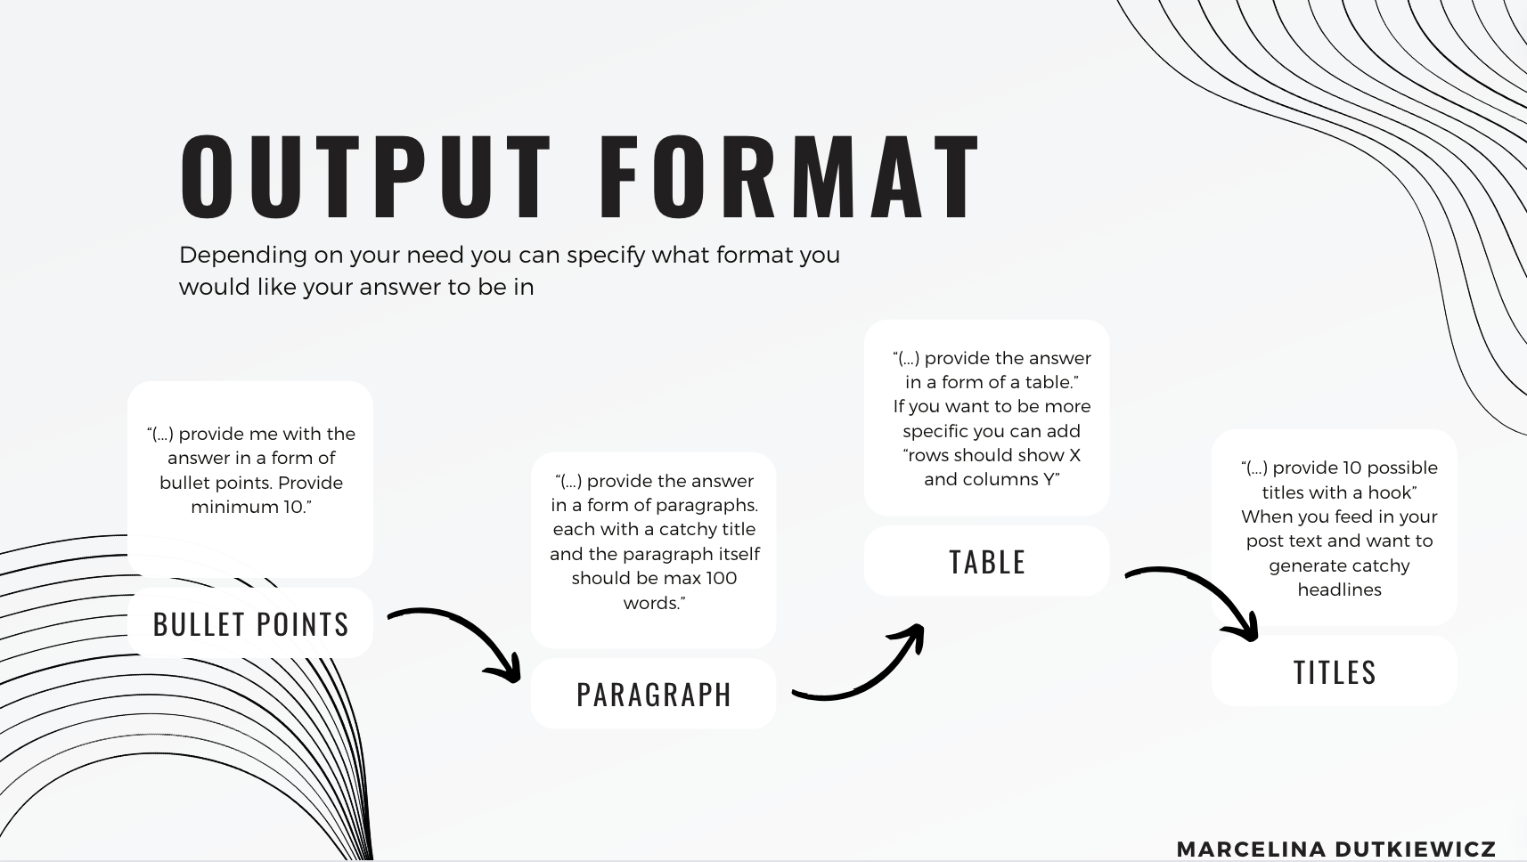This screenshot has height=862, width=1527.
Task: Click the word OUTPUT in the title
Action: tap(365, 176)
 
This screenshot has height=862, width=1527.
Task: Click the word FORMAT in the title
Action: tap(790, 176)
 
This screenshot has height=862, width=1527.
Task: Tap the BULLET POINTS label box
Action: tap(250, 623)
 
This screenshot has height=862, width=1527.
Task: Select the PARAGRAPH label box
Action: tap(653, 694)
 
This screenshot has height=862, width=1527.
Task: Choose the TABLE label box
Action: tap(986, 562)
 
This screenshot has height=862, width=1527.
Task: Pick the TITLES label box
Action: tap(1334, 672)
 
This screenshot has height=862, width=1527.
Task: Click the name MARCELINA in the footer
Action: tap(1252, 849)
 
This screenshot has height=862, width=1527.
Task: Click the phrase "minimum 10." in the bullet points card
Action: tap(251, 507)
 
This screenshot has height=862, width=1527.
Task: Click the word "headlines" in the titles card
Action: tap(1340, 590)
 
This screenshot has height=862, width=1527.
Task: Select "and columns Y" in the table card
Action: tap(992, 480)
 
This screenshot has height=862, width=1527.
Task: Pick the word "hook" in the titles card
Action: tap(1395, 492)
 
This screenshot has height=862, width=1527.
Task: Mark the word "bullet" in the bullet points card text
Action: tap(182, 484)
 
